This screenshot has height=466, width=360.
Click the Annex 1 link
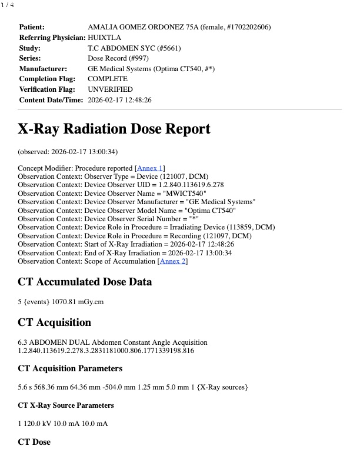(x=150, y=168)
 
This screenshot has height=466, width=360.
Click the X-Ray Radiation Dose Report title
(x=114, y=129)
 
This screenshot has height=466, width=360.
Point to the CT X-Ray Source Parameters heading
(x=66, y=405)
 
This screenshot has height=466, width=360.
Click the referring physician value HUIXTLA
(x=105, y=38)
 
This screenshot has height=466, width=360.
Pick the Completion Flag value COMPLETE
(x=108, y=79)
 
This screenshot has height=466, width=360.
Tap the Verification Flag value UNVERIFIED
(x=110, y=89)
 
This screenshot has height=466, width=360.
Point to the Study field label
(x=30, y=48)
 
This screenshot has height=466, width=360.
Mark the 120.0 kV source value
(x=35, y=424)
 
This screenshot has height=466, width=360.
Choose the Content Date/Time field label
(x=51, y=100)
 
